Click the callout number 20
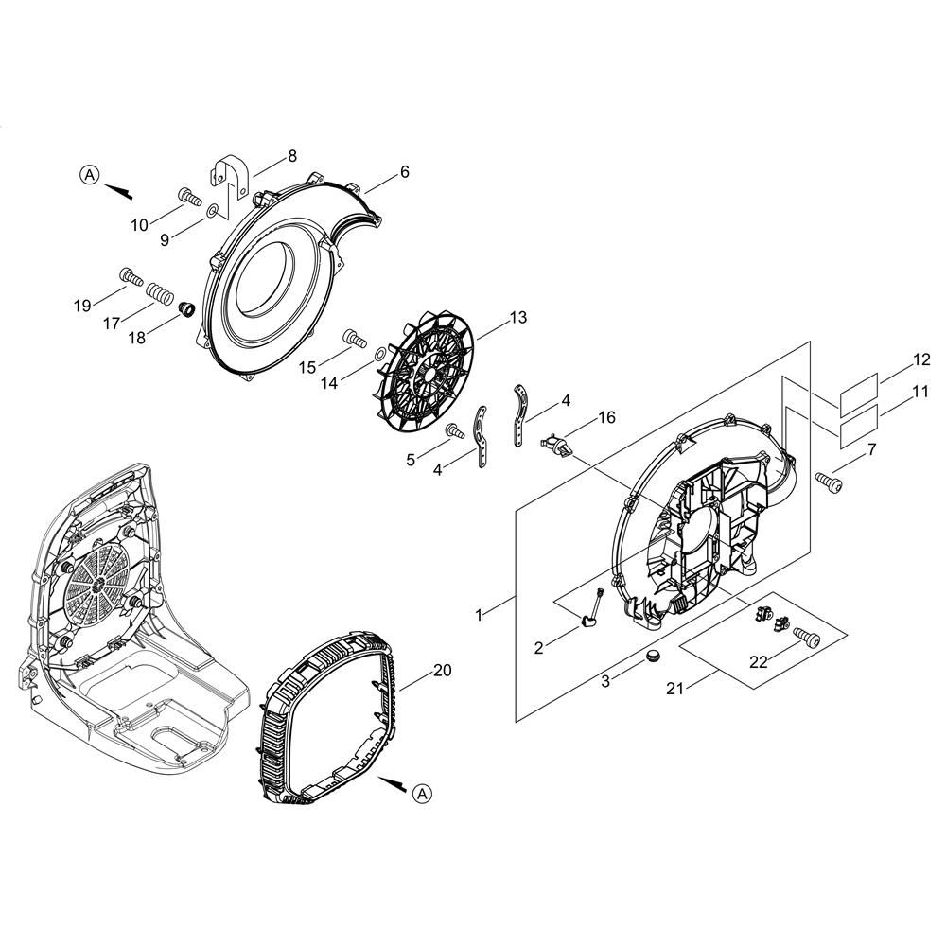(x=442, y=671)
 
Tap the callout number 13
(x=517, y=317)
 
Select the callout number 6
(x=404, y=172)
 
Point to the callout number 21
(x=675, y=688)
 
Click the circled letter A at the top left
(x=90, y=175)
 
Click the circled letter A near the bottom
(x=423, y=793)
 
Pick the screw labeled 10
(x=189, y=197)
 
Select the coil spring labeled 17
(x=160, y=295)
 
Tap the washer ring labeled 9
(x=212, y=211)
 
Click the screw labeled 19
(x=131, y=277)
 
